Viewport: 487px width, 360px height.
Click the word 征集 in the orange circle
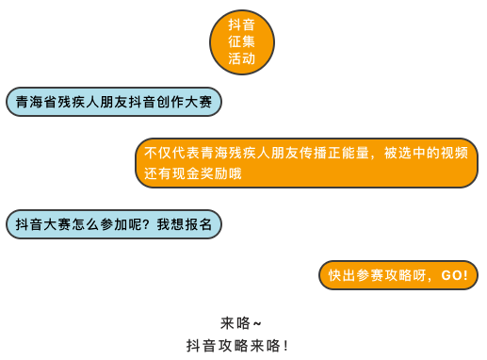point(241,41)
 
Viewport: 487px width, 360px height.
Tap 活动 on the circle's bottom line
point(241,58)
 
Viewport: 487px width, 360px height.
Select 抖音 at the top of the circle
point(241,25)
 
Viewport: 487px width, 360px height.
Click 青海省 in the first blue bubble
point(36,102)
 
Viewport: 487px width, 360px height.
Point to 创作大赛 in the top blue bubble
point(185,102)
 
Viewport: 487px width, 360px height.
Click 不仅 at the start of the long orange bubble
point(158,153)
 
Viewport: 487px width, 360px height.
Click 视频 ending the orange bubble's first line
point(454,153)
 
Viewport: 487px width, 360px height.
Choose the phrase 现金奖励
point(200,173)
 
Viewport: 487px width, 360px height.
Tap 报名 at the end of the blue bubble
point(199,224)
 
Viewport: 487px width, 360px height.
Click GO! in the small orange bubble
point(455,275)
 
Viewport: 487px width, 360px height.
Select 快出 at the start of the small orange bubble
point(342,275)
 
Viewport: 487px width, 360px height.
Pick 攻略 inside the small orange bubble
point(398,275)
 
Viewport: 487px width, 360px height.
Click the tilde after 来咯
point(257,323)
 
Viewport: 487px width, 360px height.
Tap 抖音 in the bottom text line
point(201,346)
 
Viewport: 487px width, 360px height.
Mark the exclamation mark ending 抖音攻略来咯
point(285,346)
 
